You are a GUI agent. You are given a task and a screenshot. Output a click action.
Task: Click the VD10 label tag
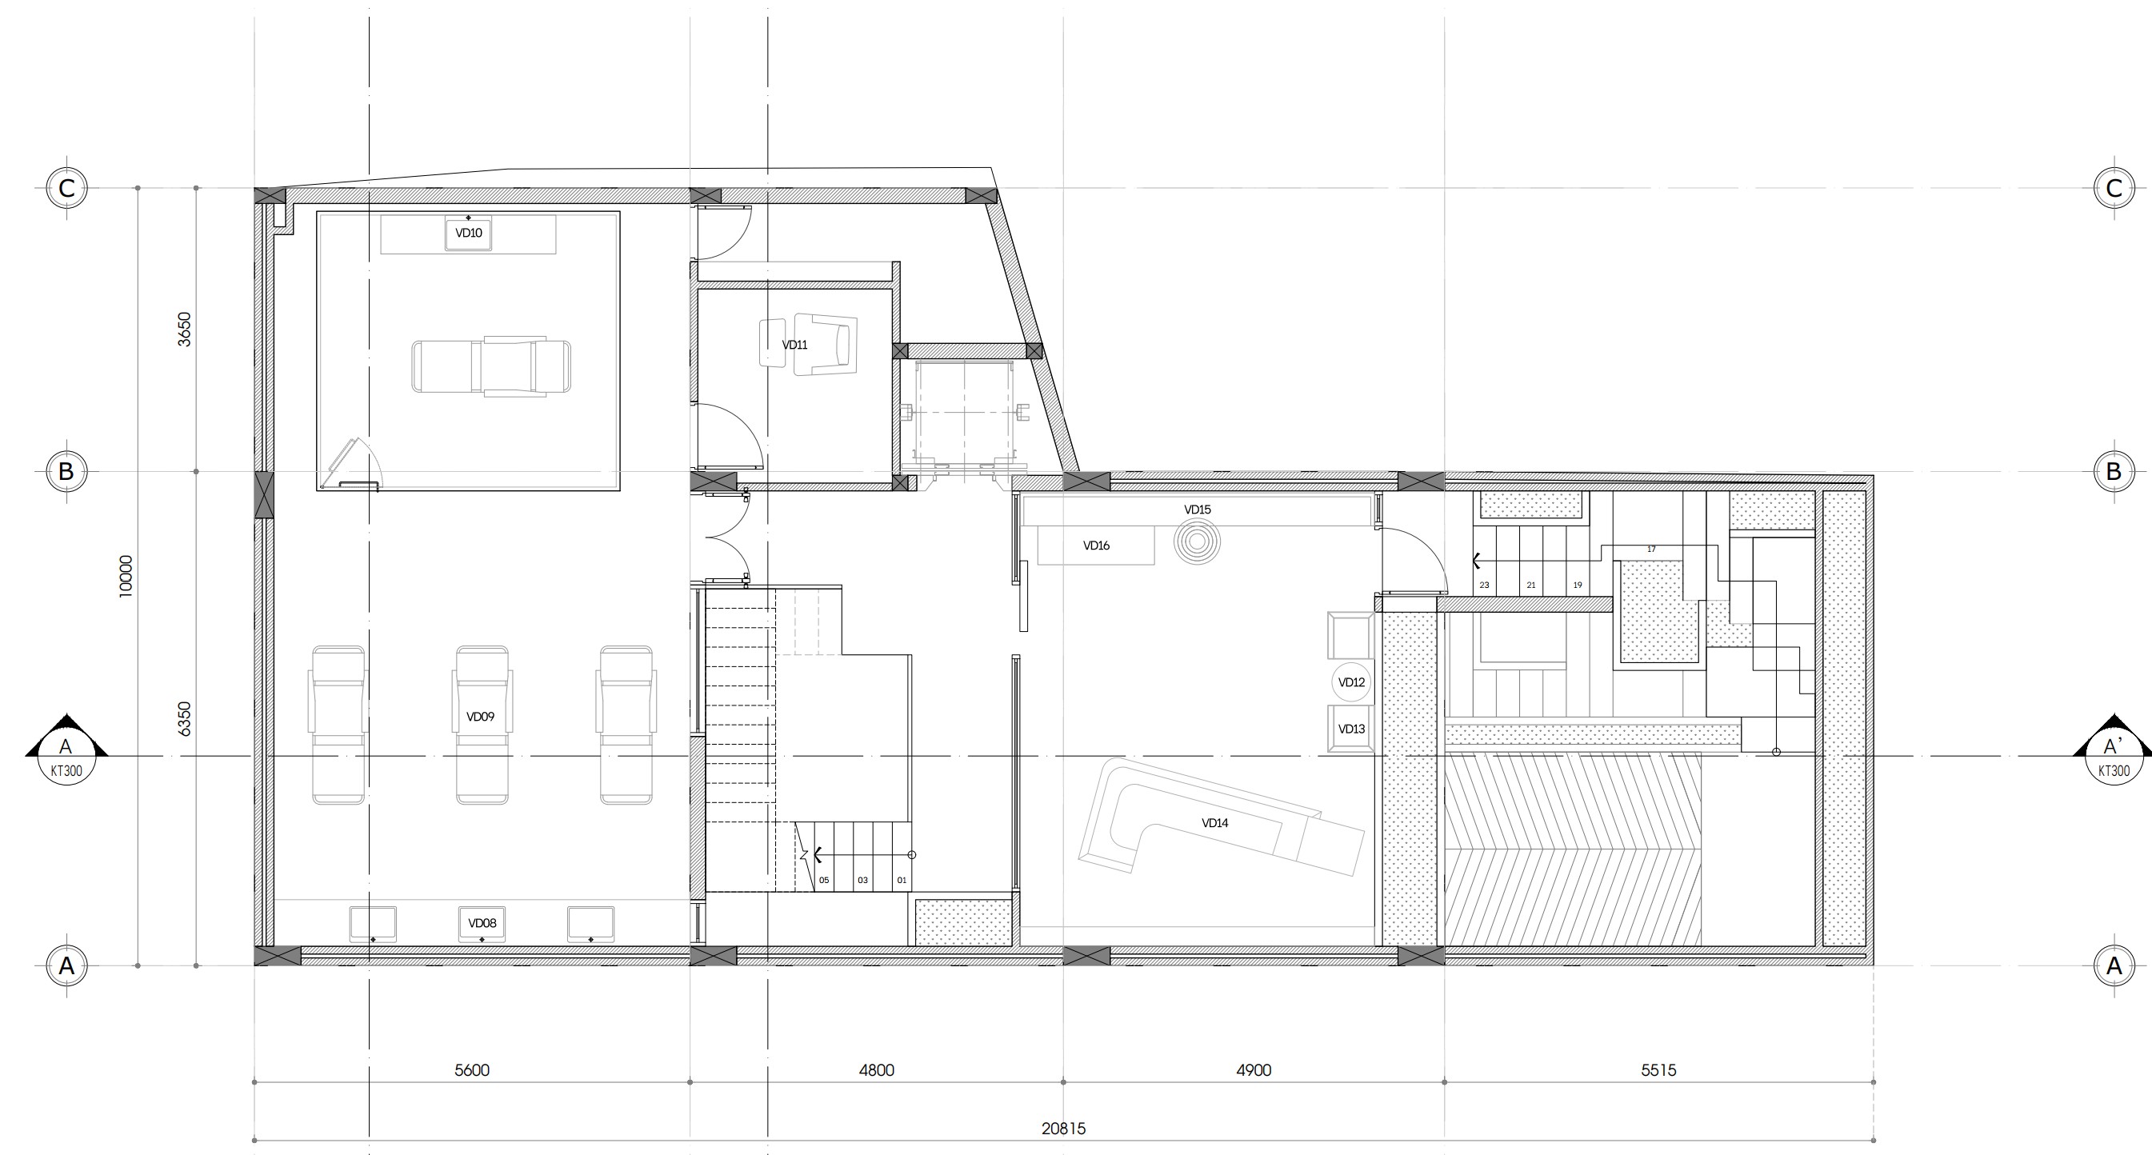click(469, 234)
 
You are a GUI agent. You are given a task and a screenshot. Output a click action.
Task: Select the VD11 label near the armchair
click(794, 345)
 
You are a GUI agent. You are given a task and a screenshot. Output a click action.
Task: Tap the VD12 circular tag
click(1351, 682)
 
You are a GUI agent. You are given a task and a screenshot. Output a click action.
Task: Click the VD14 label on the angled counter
click(1214, 822)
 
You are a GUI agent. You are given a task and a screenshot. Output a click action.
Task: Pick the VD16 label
click(1096, 546)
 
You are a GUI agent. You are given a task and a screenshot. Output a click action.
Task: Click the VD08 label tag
click(482, 924)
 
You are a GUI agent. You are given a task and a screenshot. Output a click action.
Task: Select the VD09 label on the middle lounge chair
click(480, 717)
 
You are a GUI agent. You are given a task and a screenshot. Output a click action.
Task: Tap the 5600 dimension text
click(472, 1070)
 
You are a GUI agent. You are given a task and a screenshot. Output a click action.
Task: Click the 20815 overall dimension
click(1063, 1129)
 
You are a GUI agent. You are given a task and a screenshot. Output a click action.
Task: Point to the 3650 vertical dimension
click(185, 329)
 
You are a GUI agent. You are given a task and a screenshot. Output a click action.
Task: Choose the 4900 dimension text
click(1254, 1070)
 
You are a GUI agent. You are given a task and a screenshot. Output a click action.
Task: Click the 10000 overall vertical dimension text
click(126, 576)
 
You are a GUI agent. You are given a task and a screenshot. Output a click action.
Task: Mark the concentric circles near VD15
click(1197, 542)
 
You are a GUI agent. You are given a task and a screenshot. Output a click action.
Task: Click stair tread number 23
click(1485, 585)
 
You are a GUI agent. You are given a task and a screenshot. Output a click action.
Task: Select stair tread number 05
click(825, 880)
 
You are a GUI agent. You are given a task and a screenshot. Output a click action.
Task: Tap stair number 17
click(1651, 550)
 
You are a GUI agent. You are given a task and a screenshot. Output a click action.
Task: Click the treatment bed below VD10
click(491, 366)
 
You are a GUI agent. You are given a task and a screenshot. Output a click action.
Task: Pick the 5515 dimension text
click(1659, 1070)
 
